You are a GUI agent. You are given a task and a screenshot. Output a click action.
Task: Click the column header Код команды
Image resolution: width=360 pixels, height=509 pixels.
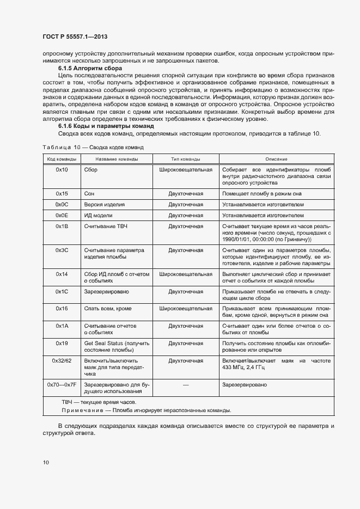click(61, 159)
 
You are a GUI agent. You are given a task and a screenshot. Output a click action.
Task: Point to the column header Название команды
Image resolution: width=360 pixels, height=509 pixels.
click(117, 159)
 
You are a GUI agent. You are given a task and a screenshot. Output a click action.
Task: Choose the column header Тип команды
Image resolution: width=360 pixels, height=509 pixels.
click(186, 159)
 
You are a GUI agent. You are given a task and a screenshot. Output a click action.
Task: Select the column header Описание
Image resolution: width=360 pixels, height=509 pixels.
click(277, 159)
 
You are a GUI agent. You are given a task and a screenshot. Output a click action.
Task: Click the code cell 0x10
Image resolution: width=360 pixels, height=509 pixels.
click(61, 170)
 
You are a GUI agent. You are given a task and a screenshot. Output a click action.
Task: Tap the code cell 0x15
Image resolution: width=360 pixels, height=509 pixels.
click(61, 193)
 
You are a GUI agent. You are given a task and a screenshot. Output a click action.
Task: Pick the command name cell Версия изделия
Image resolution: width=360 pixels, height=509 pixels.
click(105, 205)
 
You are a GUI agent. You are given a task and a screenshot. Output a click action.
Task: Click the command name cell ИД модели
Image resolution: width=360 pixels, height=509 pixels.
click(99, 215)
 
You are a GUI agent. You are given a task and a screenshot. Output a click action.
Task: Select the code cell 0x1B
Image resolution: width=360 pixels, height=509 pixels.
click(61, 226)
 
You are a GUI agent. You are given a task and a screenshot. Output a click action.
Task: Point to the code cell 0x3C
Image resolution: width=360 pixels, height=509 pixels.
click(61, 250)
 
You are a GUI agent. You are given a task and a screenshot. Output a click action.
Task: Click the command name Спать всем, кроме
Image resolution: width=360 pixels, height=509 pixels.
click(108, 308)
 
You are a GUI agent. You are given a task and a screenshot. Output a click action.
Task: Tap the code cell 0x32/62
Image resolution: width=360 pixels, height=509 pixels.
click(61, 360)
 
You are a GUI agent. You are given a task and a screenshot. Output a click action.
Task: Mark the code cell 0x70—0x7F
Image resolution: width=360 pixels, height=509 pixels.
click(61, 384)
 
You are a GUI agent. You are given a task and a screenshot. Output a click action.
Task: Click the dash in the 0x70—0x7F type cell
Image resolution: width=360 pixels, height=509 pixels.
click(186, 385)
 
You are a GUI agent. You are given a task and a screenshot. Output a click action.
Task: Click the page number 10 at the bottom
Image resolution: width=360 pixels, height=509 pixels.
click(46, 462)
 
